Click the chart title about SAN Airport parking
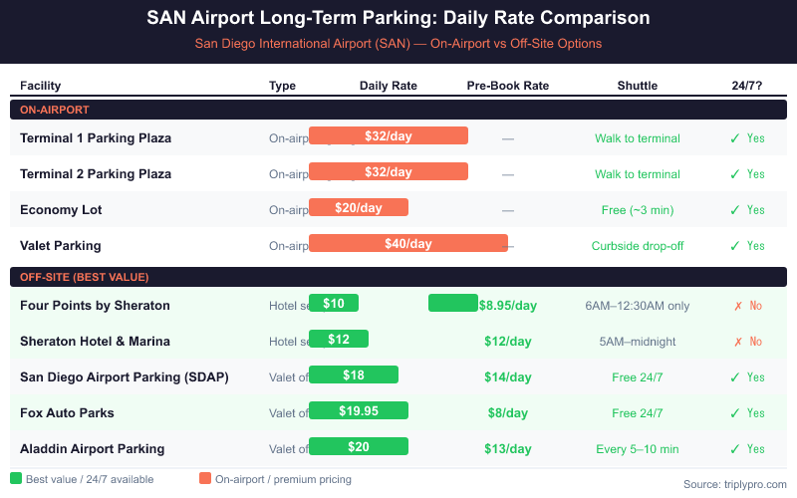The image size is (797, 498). [398, 18]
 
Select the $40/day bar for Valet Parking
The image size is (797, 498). [408, 244]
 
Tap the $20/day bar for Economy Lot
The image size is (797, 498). [359, 208]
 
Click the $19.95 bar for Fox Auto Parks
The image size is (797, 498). [359, 411]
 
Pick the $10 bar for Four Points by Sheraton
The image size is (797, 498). [334, 304]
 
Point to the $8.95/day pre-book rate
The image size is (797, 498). [507, 306]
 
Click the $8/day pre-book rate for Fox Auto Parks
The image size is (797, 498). [507, 413]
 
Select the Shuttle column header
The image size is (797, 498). [638, 86]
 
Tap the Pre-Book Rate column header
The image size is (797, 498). [508, 86]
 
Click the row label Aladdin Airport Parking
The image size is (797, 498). [93, 448]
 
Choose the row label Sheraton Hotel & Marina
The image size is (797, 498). [95, 341]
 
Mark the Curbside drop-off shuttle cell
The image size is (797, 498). [638, 246]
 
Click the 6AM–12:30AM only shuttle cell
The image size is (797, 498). [638, 306]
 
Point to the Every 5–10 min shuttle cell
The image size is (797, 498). [638, 449]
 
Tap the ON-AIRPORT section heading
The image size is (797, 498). [56, 109]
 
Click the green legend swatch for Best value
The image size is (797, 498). [16, 479]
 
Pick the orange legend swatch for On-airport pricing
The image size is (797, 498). [205, 479]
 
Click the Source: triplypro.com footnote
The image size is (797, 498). [734, 484]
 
